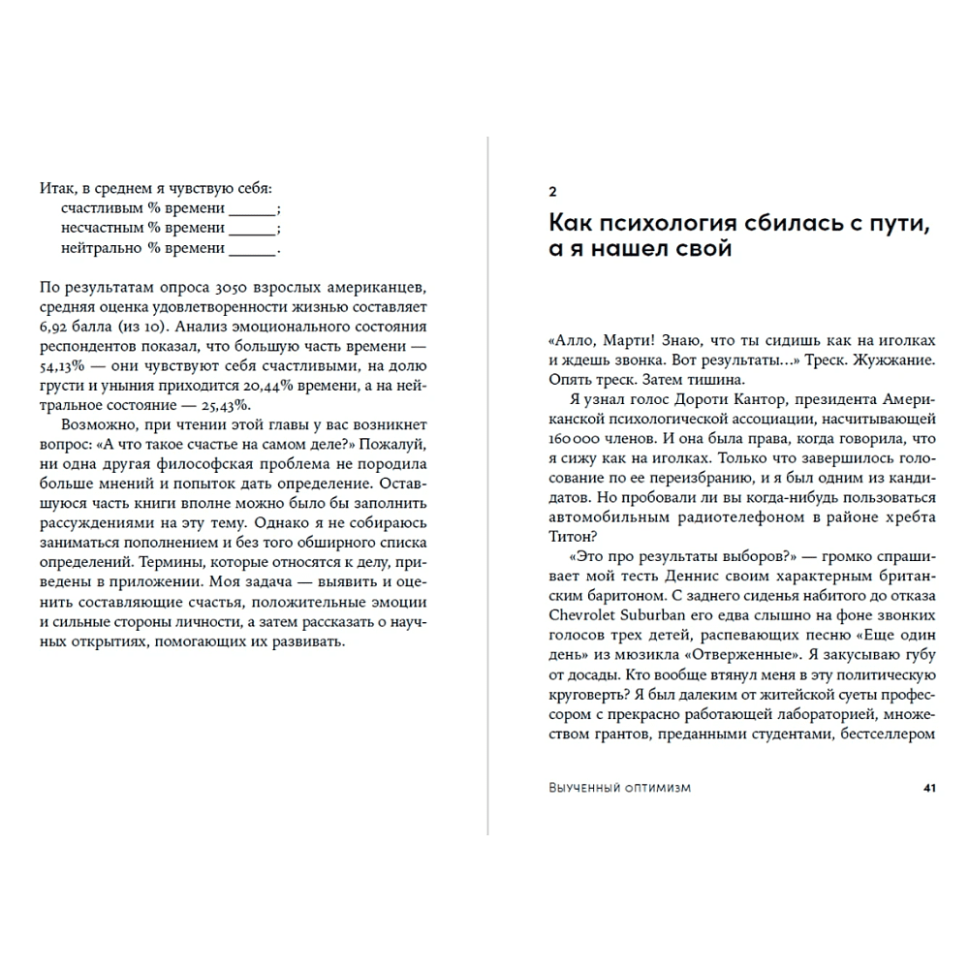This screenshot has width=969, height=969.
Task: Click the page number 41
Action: click(928, 788)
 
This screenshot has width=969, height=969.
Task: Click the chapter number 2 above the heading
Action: click(552, 190)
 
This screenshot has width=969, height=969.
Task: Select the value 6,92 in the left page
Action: click(56, 327)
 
